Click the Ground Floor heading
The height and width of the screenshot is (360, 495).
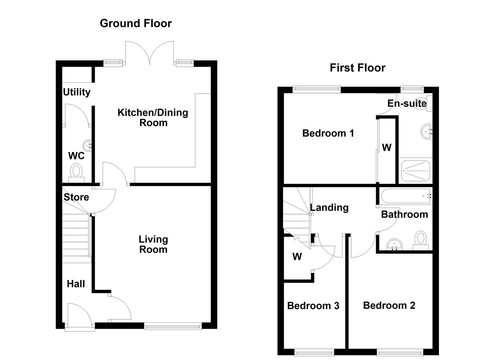click(136, 23)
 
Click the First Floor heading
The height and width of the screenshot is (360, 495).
click(357, 68)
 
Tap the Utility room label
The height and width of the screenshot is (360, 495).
click(77, 92)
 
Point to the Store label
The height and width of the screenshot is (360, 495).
click(76, 197)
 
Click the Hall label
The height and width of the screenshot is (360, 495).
click(76, 284)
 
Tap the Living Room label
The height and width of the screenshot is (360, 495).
click(153, 244)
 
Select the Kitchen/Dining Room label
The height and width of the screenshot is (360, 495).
click(153, 117)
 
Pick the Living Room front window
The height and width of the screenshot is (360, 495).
click(173, 326)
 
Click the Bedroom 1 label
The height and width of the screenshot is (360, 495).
click(328, 133)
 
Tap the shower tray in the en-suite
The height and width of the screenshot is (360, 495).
click(415, 171)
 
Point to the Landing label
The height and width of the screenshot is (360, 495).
click(329, 208)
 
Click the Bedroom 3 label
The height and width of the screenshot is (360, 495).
click(313, 306)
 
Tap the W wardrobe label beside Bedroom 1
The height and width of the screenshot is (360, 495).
click(387, 147)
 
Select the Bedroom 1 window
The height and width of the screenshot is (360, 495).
click(317, 89)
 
